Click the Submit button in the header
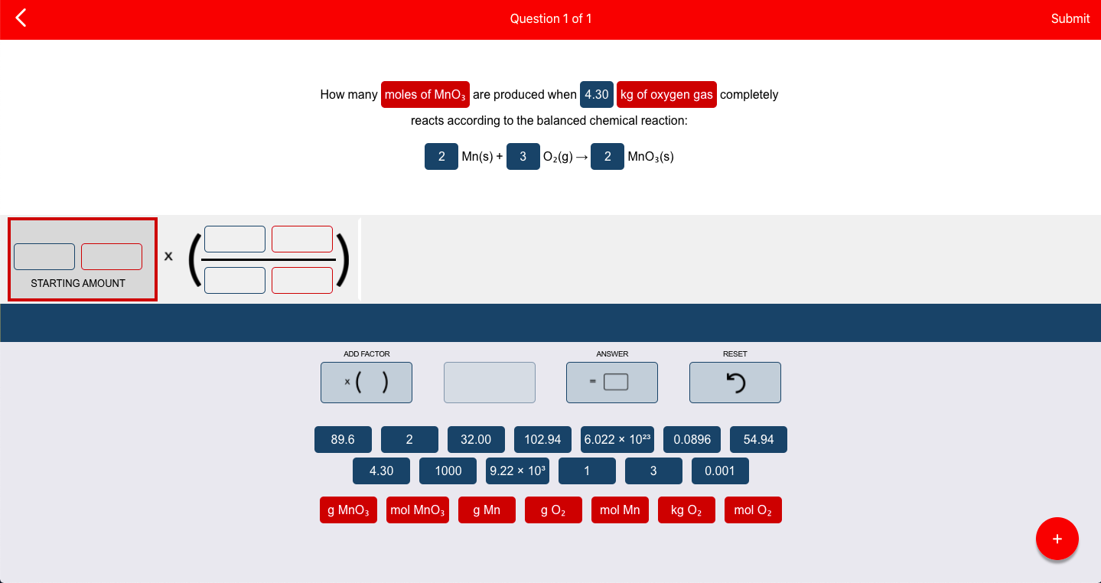[1070, 18]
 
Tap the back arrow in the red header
[21, 18]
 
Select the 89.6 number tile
[343, 439]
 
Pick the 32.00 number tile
[476, 439]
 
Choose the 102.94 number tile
[542, 439]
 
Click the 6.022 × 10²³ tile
[617, 439]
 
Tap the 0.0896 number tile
[692, 439]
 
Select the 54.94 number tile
[758, 439]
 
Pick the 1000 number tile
[448, 471]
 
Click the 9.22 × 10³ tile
[517, 471]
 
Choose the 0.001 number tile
[720, 471]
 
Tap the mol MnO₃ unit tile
[417, 510]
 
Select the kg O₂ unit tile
[686, 510]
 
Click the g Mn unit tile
[487, 510]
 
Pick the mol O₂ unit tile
[753, 510]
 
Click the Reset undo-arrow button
[735, 383]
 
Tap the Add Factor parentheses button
[366, 383]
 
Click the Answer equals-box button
[612, 383]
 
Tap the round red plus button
[1057, 539]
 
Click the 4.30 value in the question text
[597, 94]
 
